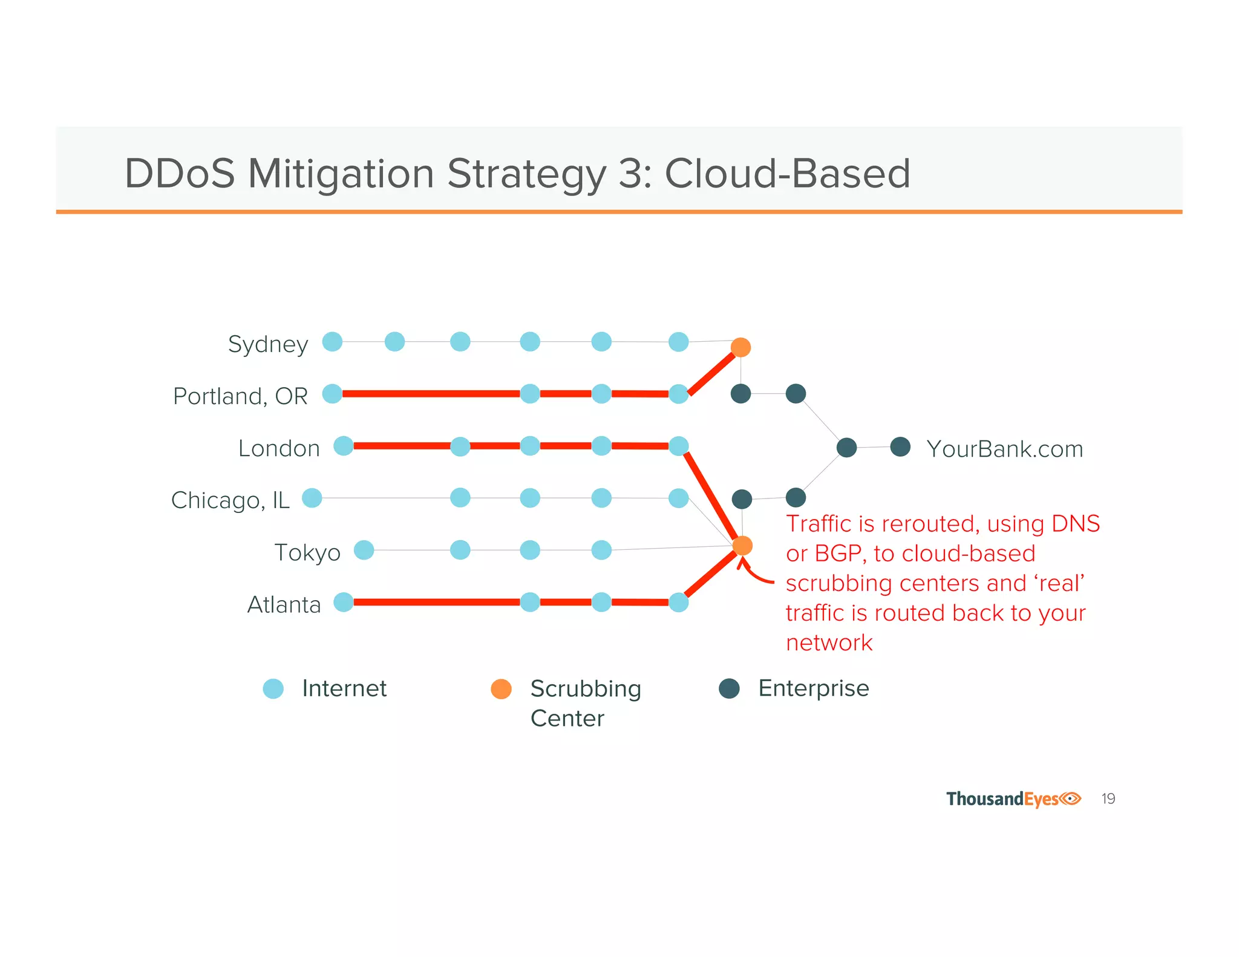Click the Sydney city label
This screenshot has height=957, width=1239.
268,344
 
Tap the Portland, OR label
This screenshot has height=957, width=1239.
240,396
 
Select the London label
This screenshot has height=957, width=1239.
279,448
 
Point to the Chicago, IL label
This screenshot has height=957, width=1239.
230,500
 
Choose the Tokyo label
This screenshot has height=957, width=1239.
307,552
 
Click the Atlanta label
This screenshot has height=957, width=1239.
284,604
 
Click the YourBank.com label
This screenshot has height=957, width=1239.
1004,449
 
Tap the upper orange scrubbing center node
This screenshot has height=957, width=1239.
740,347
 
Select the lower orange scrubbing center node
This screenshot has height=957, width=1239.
742,546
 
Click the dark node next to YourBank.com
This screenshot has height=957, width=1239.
900,447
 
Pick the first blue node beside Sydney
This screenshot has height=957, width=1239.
332,342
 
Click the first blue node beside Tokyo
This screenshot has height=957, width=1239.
364,550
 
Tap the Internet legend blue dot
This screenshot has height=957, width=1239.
273,688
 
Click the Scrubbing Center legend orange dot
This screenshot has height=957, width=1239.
501,688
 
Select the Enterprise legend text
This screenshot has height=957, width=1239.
813,688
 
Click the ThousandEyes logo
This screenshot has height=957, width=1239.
1013,799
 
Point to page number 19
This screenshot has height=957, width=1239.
1108,799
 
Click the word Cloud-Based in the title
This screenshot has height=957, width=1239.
787,174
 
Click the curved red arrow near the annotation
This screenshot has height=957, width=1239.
753,574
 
